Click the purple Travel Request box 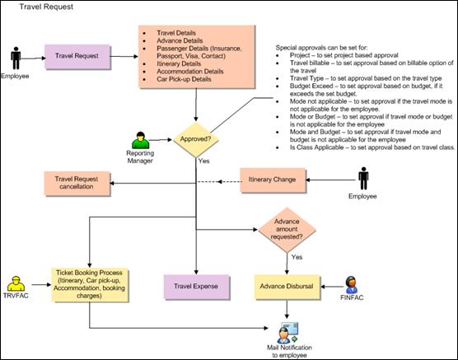(x=77, y=56)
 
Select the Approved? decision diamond (x=196, y=139)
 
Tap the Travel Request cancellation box (x=77, y=183)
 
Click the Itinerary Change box (x=273, y=180)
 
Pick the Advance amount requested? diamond (x=287, y=230)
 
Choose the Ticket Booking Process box (x=90, y=284)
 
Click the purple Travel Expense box (x=196, y=287)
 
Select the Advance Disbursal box (x=287, y=287)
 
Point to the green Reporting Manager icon (x=141, y=140)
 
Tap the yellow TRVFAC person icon (x=16, y=283)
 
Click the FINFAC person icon (x=351, y=285)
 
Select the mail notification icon (x=288, y=333)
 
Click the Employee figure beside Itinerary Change (x=363, y=179)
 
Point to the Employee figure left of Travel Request (x=16, y=58)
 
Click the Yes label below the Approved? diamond (x=204, y=161)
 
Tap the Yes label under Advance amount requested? (x=297, y=257)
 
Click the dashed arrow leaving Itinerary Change (x=219, y=182)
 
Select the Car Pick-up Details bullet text (x=184, y=79)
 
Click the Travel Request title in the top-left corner (x=46, y=7)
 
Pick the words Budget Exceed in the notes (x=311, y=86)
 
